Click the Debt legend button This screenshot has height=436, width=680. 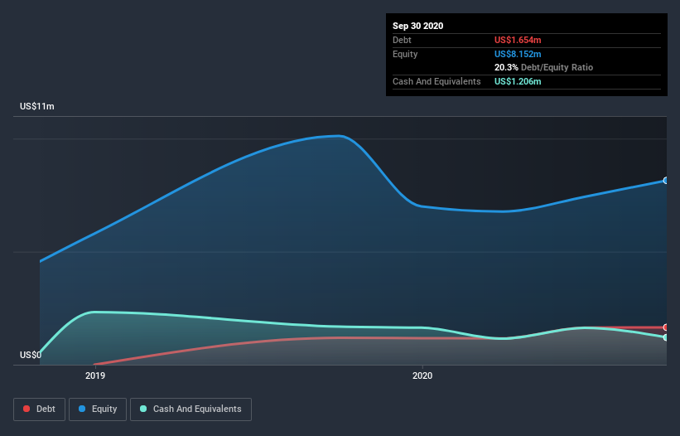point(38,409)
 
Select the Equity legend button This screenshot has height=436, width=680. point(98,409)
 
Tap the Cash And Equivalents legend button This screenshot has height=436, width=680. point(190,409)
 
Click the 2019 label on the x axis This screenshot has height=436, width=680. point(94,375)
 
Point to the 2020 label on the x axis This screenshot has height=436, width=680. point(422,375)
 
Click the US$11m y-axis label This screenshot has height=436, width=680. point(37,106)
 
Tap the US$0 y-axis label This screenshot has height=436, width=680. point(31,356)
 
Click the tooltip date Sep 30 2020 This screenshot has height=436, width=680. point(418,26)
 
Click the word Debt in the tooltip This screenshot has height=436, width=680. point(403,40)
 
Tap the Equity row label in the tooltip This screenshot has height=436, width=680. point(405,54)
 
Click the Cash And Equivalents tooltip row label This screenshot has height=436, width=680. point(436,81)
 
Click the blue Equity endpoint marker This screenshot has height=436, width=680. point(665,180)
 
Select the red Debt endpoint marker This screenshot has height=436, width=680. point(665,327)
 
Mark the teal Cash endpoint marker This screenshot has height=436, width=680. point(665,337)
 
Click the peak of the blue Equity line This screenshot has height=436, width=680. point(338,136)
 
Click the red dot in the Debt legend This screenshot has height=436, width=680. point(27,409)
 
